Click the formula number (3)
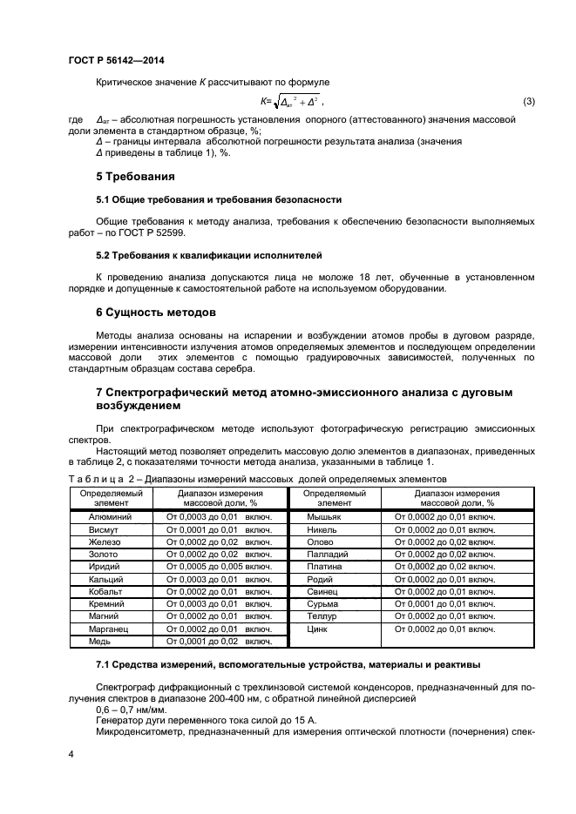[x=528, y=102]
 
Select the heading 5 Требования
[x=128, y=177]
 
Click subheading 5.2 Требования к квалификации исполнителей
[x=208, y=256]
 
